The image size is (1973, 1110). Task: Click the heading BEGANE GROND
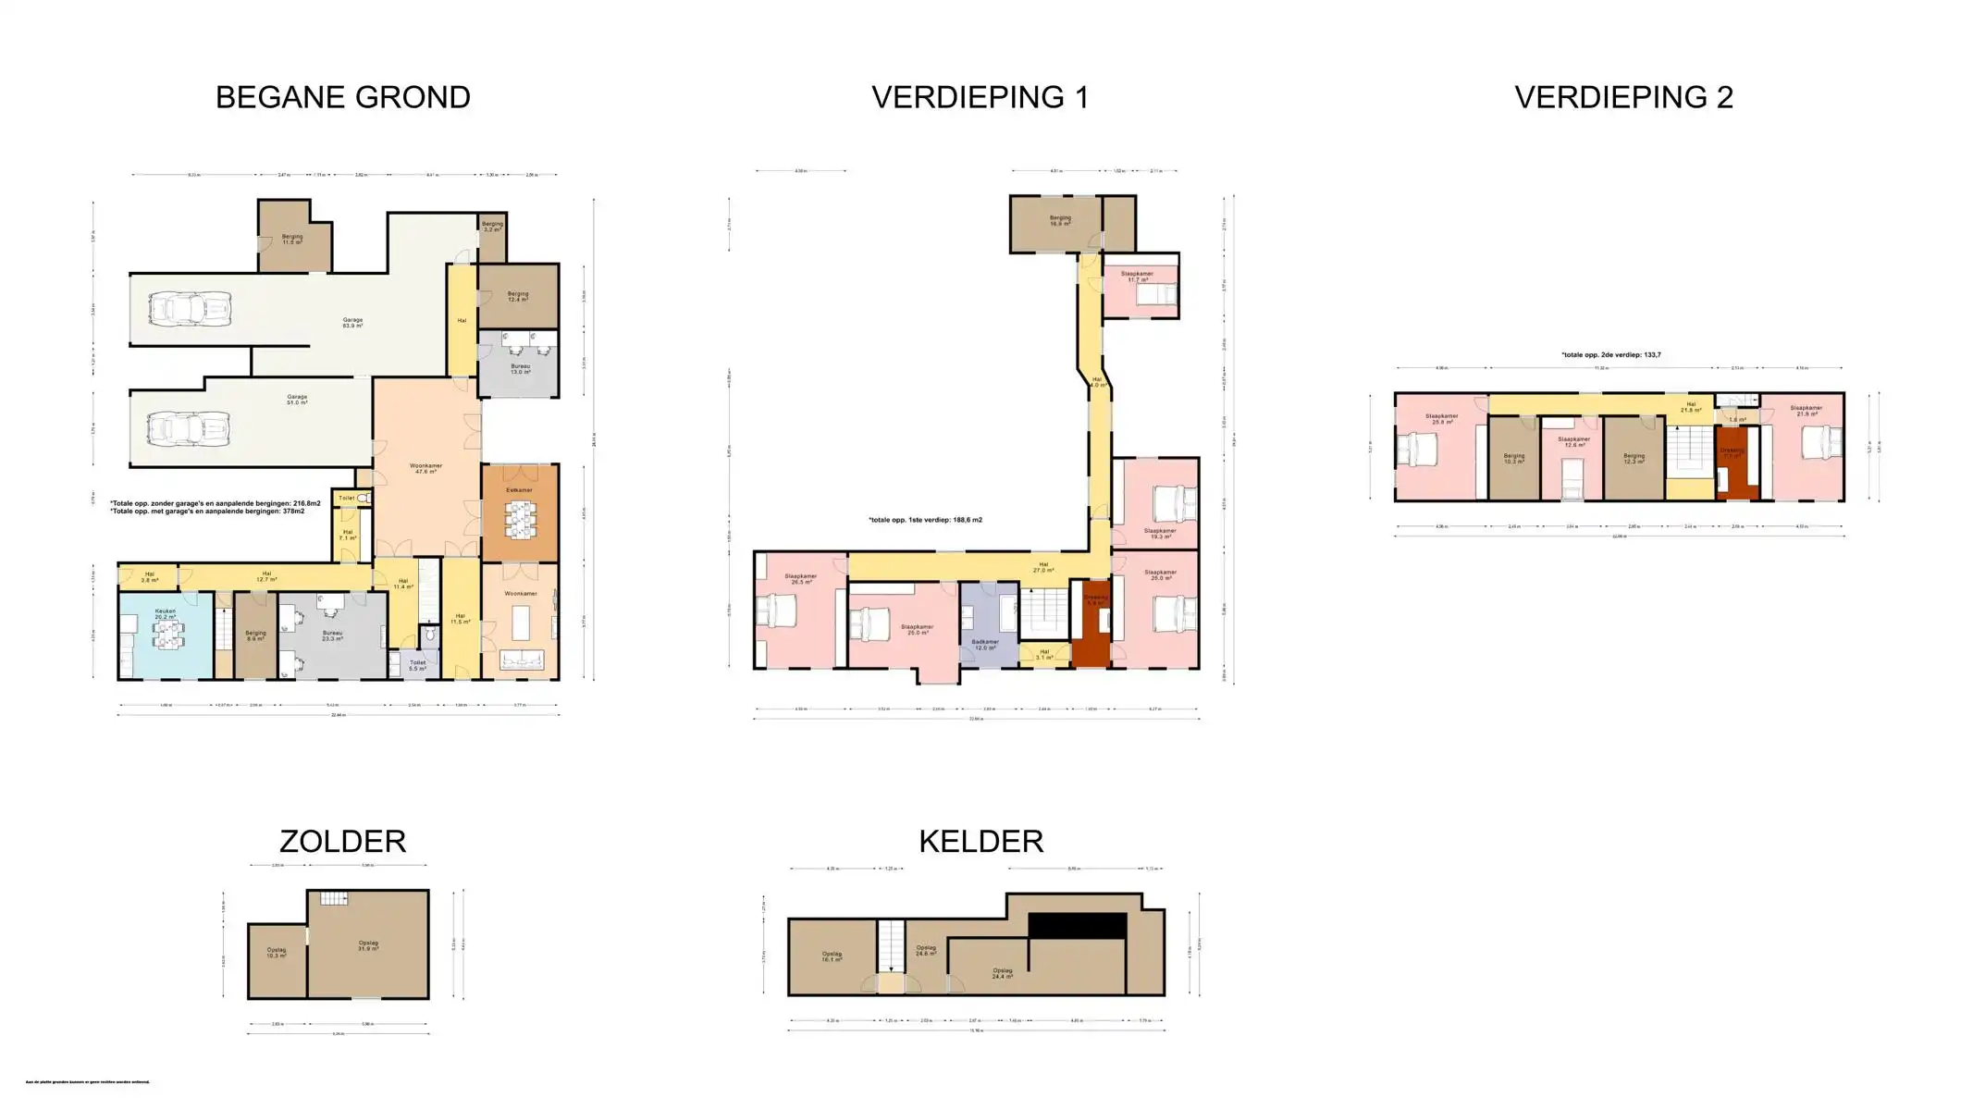click(342, 97)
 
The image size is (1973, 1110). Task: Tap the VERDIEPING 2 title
click(1623, 97)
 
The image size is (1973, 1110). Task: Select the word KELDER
click(980, 841)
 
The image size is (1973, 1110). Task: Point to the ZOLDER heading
click(342, 841)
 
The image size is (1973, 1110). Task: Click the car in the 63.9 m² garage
click(190, 308)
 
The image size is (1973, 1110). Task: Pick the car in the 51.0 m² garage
click(188, 428)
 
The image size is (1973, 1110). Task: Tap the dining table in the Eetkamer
click(520, 520)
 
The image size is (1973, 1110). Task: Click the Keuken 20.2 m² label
click(166, 614)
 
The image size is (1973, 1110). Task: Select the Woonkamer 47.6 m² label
click(425, 468)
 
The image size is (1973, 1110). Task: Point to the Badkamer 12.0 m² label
click(985, 645)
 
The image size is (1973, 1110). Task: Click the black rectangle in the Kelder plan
click(1077, 925)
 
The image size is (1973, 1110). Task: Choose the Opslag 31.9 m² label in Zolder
click(368, 946)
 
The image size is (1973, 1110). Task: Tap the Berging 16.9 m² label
click(1059, 221)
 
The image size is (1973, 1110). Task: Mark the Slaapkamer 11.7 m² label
click(1137, 277)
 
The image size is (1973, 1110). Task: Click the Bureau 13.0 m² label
click(521, 369)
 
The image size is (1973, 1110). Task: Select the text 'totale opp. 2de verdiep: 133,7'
click(1610, 355)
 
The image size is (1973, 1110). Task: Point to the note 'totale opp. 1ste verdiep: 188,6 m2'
click(925, 520)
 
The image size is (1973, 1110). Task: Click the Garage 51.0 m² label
click(296, 400)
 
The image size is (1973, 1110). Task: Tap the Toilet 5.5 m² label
click(417, 665)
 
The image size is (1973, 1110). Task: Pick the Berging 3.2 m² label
click(492, 226)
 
